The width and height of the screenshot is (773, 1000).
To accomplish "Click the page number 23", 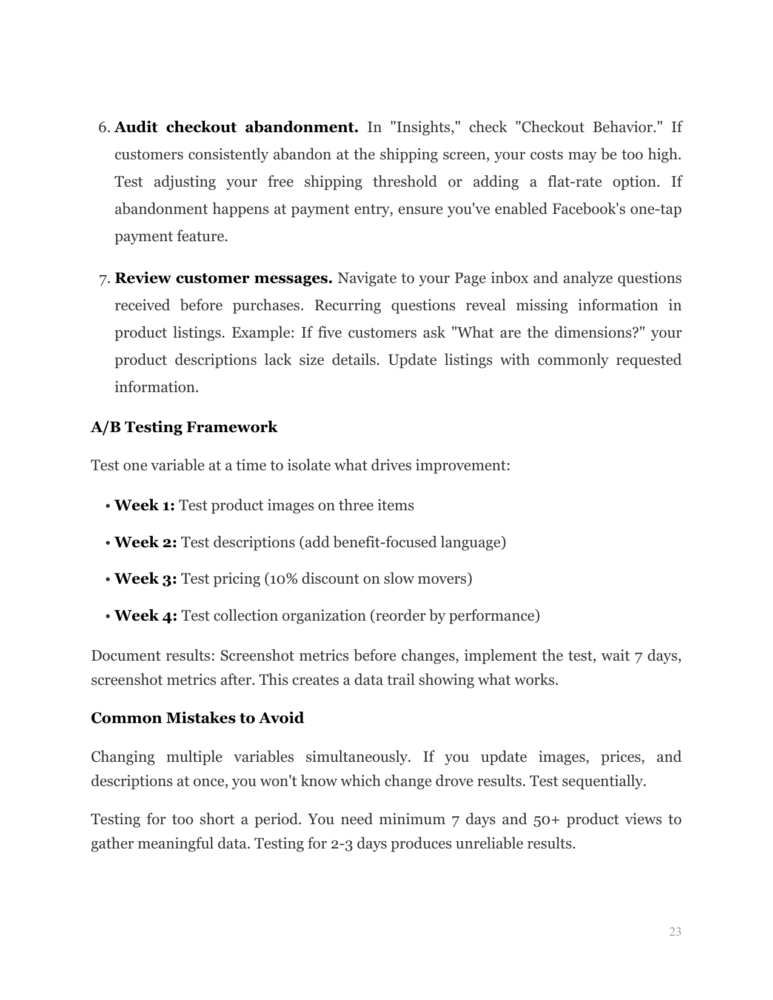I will coord(675,932).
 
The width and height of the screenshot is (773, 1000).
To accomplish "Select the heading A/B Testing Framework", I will coord(184,427).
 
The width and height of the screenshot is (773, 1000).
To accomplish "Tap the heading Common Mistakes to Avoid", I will coord(197,718).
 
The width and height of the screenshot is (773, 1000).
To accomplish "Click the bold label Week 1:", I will coord(144,505).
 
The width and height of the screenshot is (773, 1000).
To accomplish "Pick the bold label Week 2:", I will coord(146,542).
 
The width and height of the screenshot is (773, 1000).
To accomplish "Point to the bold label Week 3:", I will coord(146,579).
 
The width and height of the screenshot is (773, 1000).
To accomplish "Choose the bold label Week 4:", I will coord(146,616).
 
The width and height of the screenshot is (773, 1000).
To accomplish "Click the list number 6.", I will coord(104,127).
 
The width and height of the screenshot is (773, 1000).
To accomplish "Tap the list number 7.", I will coord(104,279).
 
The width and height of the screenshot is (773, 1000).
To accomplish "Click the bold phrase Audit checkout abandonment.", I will coord(236,127).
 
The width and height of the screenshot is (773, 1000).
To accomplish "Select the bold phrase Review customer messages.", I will coord(223,279).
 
